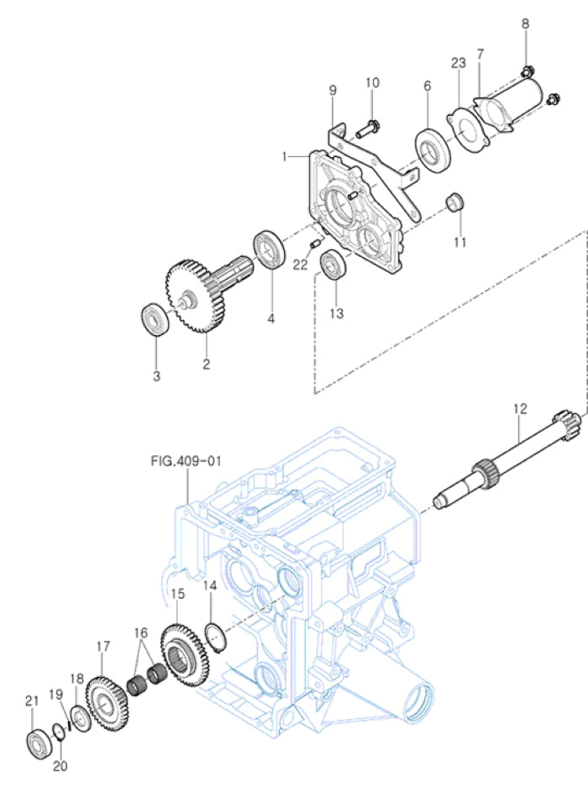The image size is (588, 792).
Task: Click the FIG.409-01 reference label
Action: coord(186,460)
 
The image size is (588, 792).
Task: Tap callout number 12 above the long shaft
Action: coord(520,409)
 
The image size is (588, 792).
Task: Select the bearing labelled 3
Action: coord(154,319)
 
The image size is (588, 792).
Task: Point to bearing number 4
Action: coord(269,249)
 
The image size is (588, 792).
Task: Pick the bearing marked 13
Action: coord(335,265)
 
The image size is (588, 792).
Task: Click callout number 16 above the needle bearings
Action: coord(140,632)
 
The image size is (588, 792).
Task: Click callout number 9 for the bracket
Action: coord(332,90)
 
